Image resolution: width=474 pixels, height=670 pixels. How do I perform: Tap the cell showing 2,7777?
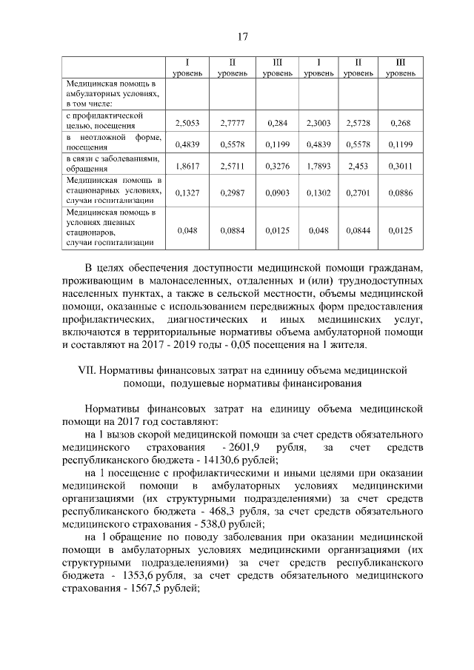pos(233,121)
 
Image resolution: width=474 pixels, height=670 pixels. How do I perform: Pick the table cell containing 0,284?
pos(276,121)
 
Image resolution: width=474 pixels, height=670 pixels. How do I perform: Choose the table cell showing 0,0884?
pos(233,230)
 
